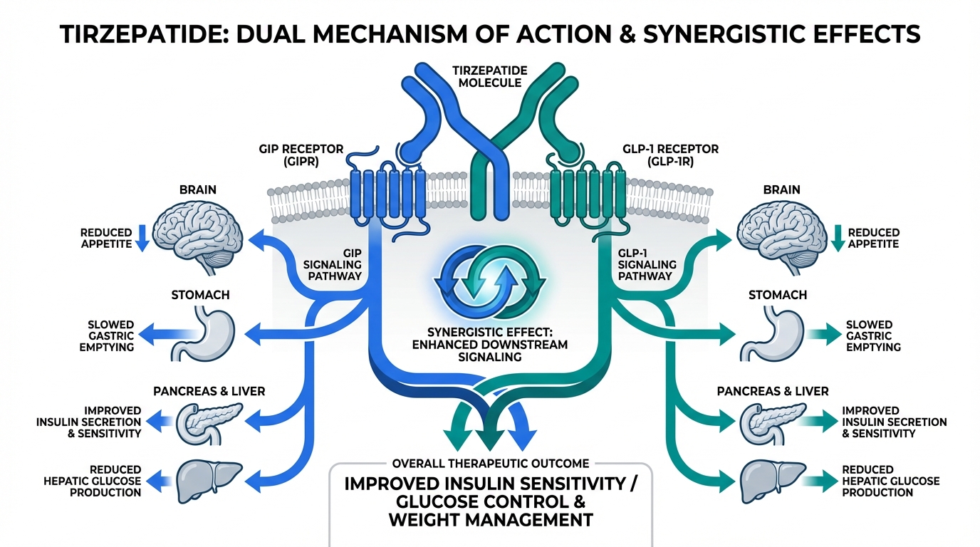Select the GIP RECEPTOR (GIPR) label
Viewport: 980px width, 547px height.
point(302,155)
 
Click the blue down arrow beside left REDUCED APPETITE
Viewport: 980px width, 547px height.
point(141,238)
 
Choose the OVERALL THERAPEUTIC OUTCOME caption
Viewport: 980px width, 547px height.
point(490,463)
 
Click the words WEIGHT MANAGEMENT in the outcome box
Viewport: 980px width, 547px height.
point(490,520)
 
